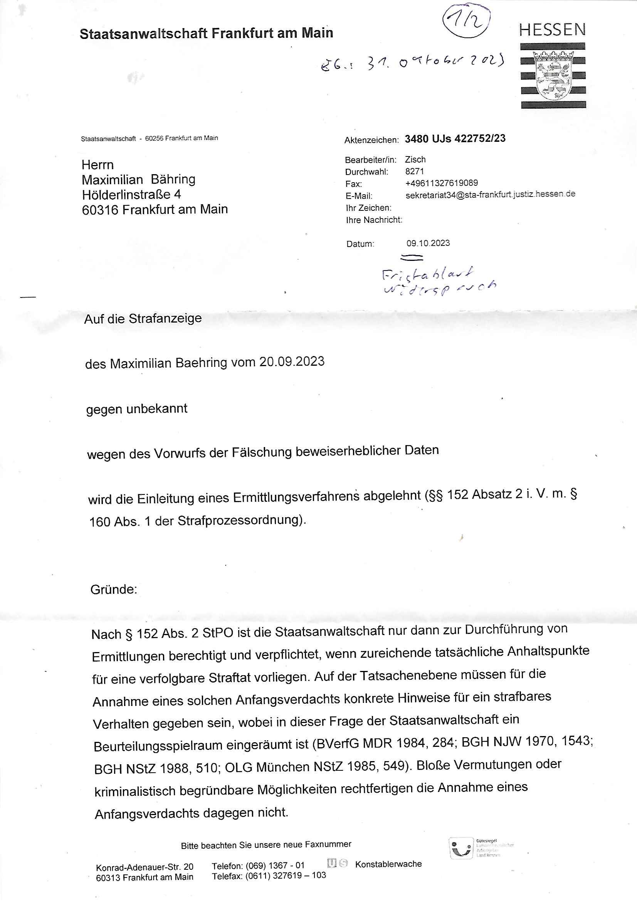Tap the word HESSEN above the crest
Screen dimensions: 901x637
tap(552, 30)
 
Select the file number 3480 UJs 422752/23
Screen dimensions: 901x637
tap(455, 138)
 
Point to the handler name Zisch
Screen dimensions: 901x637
tap(415, 159)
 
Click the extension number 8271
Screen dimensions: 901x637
tap(414, 171)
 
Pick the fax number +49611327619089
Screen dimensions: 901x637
tap(441, 183)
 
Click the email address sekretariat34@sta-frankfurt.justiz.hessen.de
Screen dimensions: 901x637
tap(490, 195)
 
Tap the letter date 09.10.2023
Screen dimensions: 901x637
tap(428, 243)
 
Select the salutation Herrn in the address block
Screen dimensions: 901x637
tap(97, 165)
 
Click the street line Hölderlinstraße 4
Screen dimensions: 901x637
tap(131, 195)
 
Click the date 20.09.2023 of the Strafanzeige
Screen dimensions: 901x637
tap(292, 361)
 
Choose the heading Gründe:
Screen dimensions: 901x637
tap(113, 589)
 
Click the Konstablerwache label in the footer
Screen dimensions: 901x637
tap(388, 864)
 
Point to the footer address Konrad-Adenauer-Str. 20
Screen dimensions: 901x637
tap(145, 867)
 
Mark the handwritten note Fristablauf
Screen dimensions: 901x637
tap(427, 273)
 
